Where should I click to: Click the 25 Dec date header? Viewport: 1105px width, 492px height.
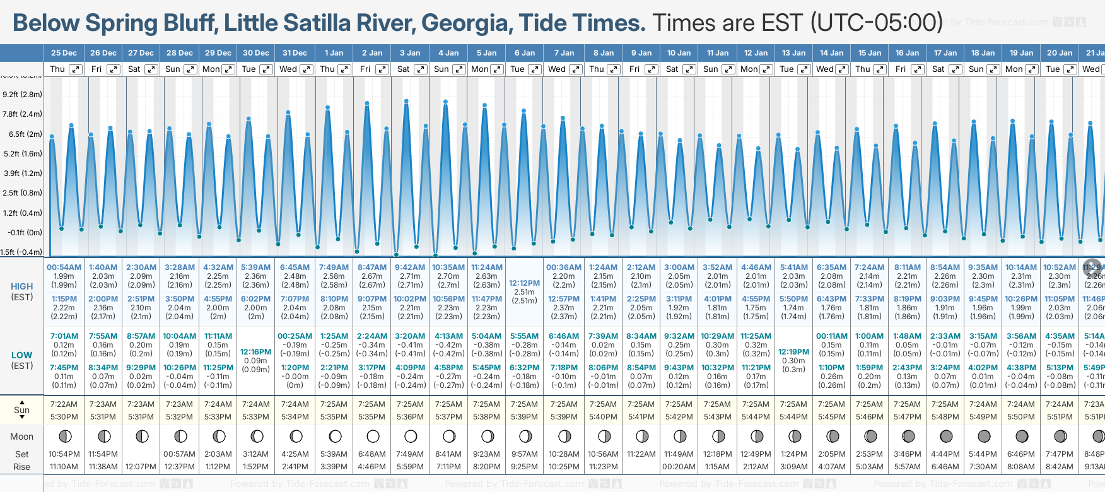click(x=64, y=53)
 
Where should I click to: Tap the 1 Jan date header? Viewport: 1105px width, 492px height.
click(x=334, y=53)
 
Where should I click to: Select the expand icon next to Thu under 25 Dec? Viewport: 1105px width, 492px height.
click(x=76, y=69)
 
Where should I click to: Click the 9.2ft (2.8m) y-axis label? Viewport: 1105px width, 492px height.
click(x=22, y=95)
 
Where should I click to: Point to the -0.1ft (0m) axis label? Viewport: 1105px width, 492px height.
click(x=25, y=232)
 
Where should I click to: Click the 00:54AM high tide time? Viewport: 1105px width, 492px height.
click(x=64, y=267)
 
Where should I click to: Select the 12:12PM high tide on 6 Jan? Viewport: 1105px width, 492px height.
click(x=524, y=283)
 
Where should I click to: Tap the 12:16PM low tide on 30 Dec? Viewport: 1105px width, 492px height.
click(x=255, y=352)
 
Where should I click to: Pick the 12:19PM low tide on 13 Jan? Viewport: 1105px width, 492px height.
click(x=793, y=352)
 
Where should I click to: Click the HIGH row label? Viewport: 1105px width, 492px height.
click(x=21, y=286)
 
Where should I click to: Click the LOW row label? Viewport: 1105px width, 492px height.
click(x=21, y=355)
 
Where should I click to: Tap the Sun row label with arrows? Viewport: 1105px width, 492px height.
click(x=21, y=410)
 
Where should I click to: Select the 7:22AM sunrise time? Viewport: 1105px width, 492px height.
click(x=64, y=404)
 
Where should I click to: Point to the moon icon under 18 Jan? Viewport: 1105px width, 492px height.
click(x=984, y=436)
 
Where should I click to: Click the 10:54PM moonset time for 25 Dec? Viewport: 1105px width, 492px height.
click(x=64, y=454)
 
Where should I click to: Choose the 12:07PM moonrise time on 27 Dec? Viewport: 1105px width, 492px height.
click(x=141, y=467)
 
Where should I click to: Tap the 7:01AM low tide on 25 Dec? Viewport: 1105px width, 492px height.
click(x=64, y=336)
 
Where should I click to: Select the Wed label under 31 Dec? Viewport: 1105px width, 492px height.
click(x=288, y=69)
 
